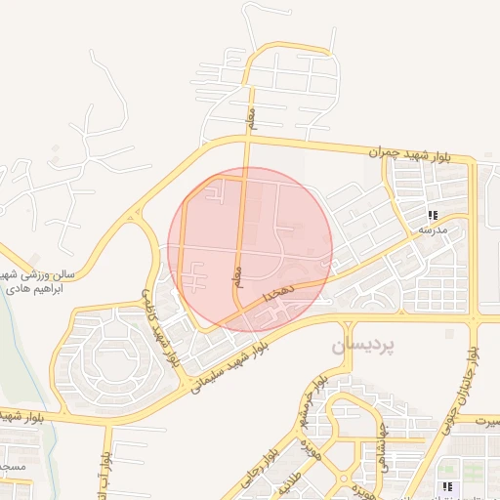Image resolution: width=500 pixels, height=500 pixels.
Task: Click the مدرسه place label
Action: click(x=433, y=229)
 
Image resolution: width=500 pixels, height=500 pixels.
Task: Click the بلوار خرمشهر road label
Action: click(x=313, y=402)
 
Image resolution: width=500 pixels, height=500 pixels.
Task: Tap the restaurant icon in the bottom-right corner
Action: click(x=446, y=485)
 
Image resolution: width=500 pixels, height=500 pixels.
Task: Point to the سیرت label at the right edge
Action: click(x=487, y=422)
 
